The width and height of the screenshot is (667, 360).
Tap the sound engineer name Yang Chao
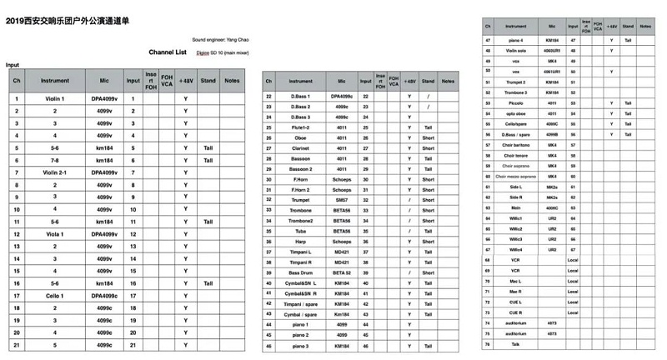tap(219, 39)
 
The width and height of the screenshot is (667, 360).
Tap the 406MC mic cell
tap(551, 197)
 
